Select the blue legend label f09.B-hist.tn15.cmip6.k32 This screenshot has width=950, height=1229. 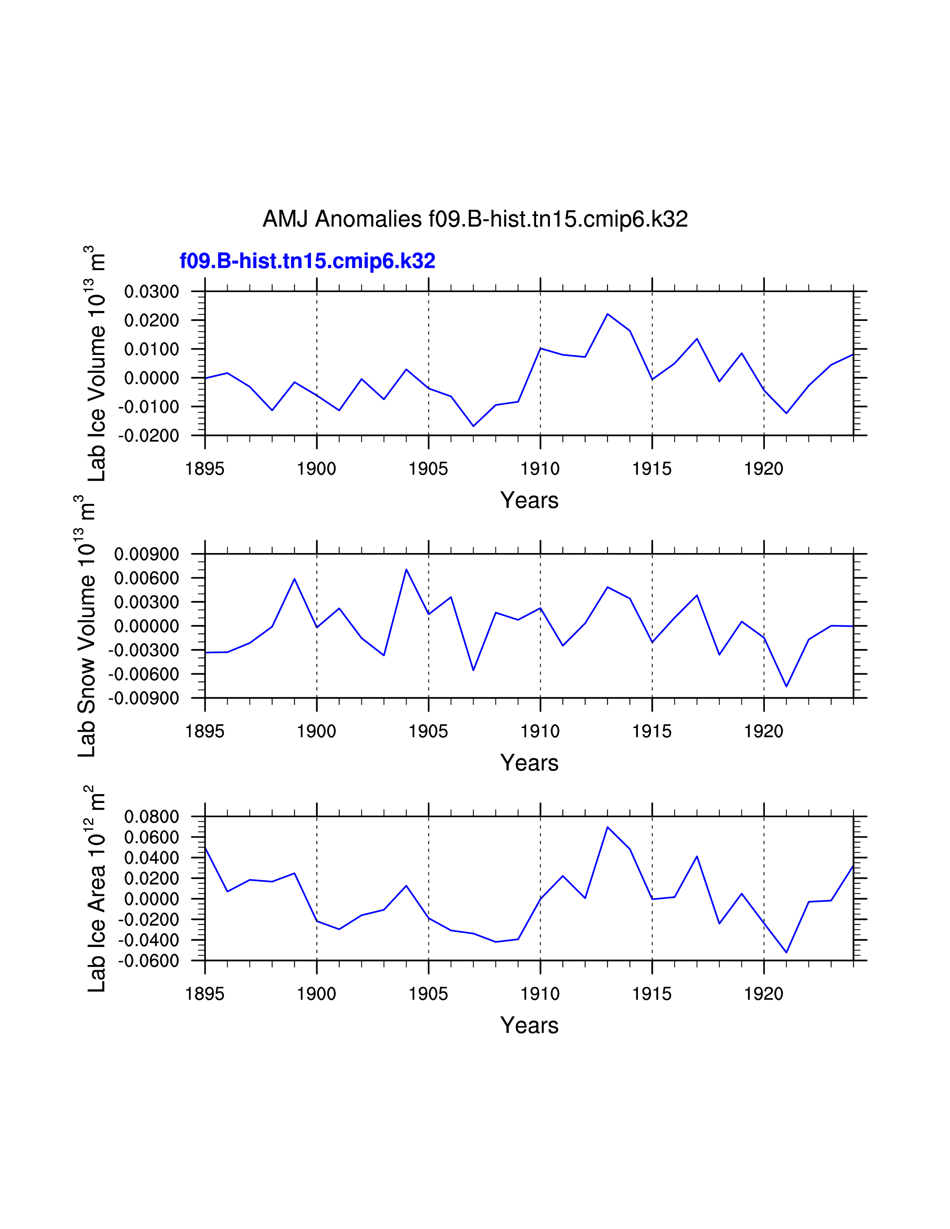click(x=307, y=261)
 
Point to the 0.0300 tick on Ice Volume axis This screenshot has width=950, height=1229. click(x=151, y=292)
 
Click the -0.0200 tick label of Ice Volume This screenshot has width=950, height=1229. click(x=149, y=436)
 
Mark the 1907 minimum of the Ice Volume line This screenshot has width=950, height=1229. click(x=473, y=426)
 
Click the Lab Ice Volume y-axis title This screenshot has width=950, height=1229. click(x=97, y=363)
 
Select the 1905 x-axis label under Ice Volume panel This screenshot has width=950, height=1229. click(x=428, y=469)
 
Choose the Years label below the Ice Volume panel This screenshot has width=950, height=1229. click(x=529, y=500)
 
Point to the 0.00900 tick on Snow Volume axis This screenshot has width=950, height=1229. click(x=146, y=554)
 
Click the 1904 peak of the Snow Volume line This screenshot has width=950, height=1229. click(x=406, y=569)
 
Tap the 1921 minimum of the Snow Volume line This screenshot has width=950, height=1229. click(x=786, y=686)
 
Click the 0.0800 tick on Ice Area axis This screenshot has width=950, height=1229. click(x=151, y=816)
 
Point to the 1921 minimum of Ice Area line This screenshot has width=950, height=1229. click(x=786, y=953)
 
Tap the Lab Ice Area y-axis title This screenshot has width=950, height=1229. click(x=97, y=889)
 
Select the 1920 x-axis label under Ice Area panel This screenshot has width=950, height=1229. click(x=764, y=994)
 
